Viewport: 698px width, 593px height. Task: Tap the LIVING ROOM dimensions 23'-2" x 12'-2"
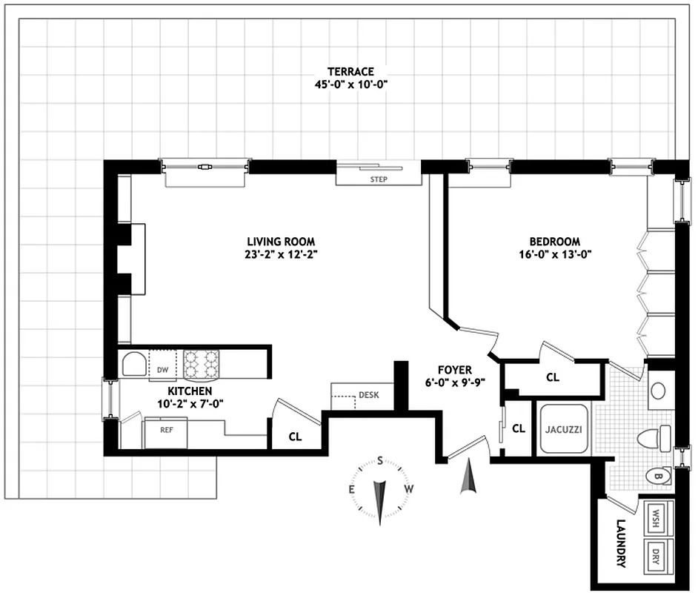281,254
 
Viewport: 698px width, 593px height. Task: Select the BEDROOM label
554,242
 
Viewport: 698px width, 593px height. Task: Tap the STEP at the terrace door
379,179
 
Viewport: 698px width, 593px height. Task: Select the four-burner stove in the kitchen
202,364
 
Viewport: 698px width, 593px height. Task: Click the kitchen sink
134,365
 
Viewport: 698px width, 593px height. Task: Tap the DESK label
368,395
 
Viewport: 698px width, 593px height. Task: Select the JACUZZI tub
561,429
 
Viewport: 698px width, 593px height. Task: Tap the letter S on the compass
380,460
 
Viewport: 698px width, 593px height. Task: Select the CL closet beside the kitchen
295,437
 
